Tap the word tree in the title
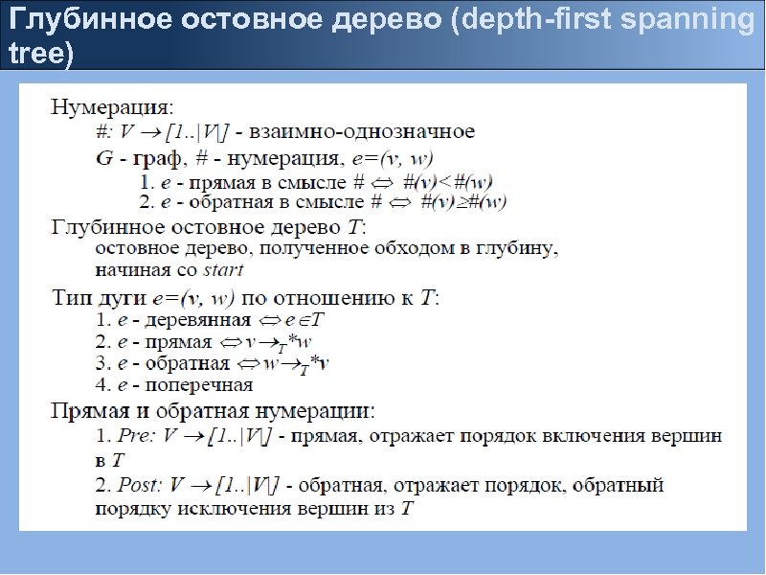pyautogui.click(x=34, y=54)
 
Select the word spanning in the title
pyautogui.click(x=703, y=20)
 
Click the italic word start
pyautogui.click(x=223, y=269)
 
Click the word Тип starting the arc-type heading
pyautogui.click(x=71, y=297)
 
